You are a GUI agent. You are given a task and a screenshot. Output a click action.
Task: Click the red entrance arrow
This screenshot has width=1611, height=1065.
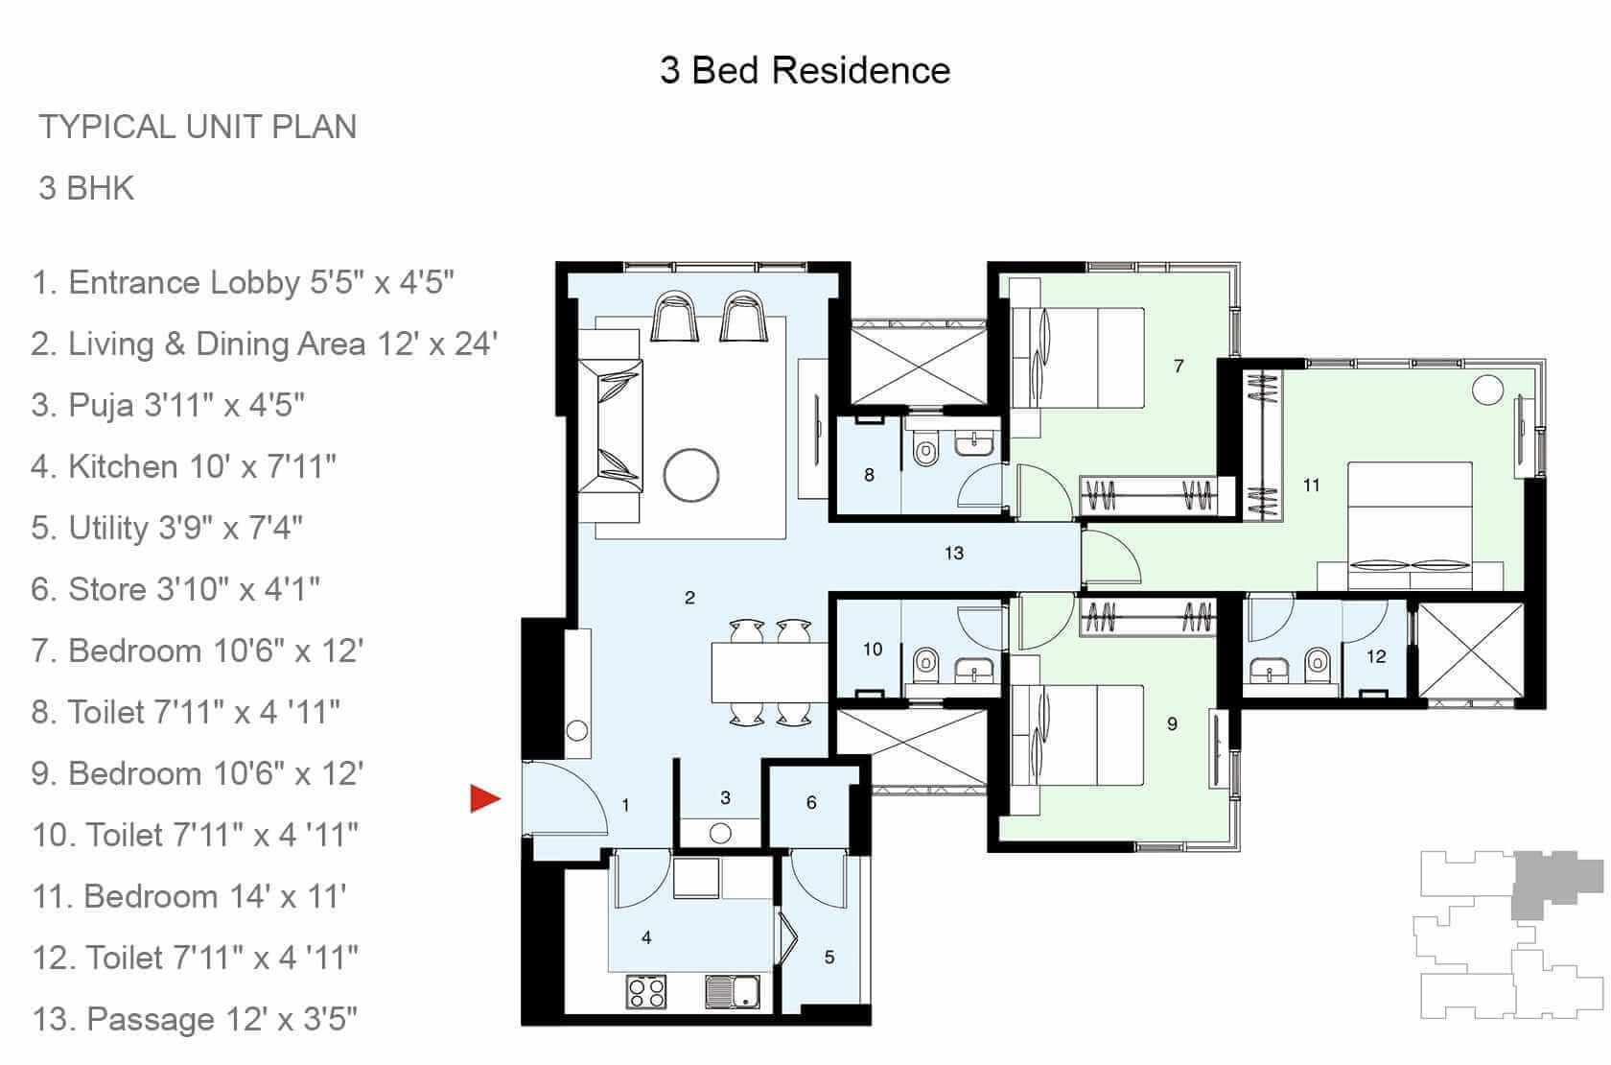(x=484, y=798)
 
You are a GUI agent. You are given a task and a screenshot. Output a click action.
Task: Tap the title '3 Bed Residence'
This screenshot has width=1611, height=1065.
(x=805, y=71)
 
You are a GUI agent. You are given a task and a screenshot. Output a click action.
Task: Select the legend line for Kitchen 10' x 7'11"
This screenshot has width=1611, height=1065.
(x=184, y=467)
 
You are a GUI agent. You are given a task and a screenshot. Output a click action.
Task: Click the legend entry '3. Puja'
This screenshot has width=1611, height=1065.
(x=169, y=406)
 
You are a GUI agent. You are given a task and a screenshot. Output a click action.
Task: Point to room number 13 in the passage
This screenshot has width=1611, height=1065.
(x=953, y=553)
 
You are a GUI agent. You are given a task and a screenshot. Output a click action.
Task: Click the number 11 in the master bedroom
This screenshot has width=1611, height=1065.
(x=1311, y=485)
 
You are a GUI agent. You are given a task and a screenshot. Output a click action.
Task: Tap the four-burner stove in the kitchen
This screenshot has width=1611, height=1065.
(x=646, y=991)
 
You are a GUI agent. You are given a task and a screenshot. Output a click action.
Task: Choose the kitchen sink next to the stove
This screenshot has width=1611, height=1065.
(x=732, y=991)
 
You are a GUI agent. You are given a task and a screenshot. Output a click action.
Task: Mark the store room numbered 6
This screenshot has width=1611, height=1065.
(x=811, y=802)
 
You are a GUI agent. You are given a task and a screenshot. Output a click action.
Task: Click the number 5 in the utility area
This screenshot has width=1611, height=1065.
(x=829, y=957)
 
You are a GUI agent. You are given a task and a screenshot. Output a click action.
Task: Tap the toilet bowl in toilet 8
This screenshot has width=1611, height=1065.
(x=925, y=449)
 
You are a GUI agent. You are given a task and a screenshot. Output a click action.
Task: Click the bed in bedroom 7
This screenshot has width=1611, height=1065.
(x=1079, y=358)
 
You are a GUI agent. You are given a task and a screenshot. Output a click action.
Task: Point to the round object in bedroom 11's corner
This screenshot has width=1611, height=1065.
(x=1487, y=390)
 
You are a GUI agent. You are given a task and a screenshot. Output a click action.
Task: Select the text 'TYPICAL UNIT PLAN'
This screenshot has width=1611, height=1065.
(x=198, y=127)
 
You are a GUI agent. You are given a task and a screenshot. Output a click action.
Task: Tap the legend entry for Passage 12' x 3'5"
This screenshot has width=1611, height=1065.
(x=196, y=1019)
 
